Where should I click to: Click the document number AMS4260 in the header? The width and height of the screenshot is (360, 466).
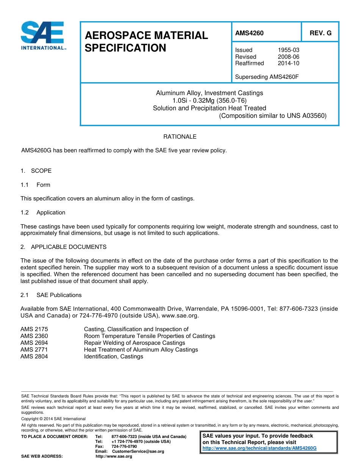(x=249, y=33)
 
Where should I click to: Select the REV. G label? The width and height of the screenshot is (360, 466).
(x=320, y=33)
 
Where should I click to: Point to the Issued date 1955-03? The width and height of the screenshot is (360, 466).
(x=288, y=50)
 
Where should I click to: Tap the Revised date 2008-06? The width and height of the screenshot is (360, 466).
(x=288, y=57)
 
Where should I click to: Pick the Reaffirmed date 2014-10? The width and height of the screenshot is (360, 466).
(x=288, y=63)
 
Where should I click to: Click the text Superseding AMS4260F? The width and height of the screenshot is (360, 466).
(x=267, y=77)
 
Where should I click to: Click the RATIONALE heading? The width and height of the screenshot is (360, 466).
(x=180, y=137)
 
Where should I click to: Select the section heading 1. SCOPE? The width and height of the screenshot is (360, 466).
(x=36, y=171)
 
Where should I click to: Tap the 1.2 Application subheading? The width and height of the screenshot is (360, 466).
(x=43, y=213)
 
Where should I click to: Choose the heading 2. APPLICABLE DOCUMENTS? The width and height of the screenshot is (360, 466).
(x=63, y=247)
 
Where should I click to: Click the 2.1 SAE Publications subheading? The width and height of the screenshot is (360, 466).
(x=51, y=295)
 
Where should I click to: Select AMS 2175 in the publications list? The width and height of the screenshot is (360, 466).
(x=34, y=329)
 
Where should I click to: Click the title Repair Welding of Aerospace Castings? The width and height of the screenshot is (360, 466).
(x=134, y=343)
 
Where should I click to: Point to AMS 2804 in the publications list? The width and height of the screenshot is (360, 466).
(x=34, y=357)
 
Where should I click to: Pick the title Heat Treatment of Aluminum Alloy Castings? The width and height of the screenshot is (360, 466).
(x=141, y=350)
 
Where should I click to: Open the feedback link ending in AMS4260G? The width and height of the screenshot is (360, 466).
(x=259, y=448)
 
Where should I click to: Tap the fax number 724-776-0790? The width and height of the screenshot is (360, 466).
(x=124, y=447)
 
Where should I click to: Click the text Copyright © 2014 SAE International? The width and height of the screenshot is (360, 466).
(x=53, y=419)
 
